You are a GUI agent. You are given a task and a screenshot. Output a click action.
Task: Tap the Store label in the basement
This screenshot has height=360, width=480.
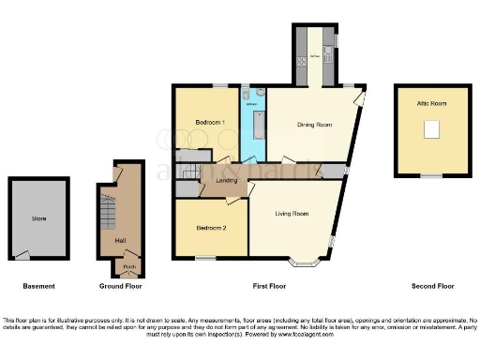coord(38,218)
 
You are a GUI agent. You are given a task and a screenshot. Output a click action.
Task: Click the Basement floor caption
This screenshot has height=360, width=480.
coord(38,286)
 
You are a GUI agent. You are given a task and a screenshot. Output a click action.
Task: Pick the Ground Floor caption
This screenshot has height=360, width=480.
coord(119,286)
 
